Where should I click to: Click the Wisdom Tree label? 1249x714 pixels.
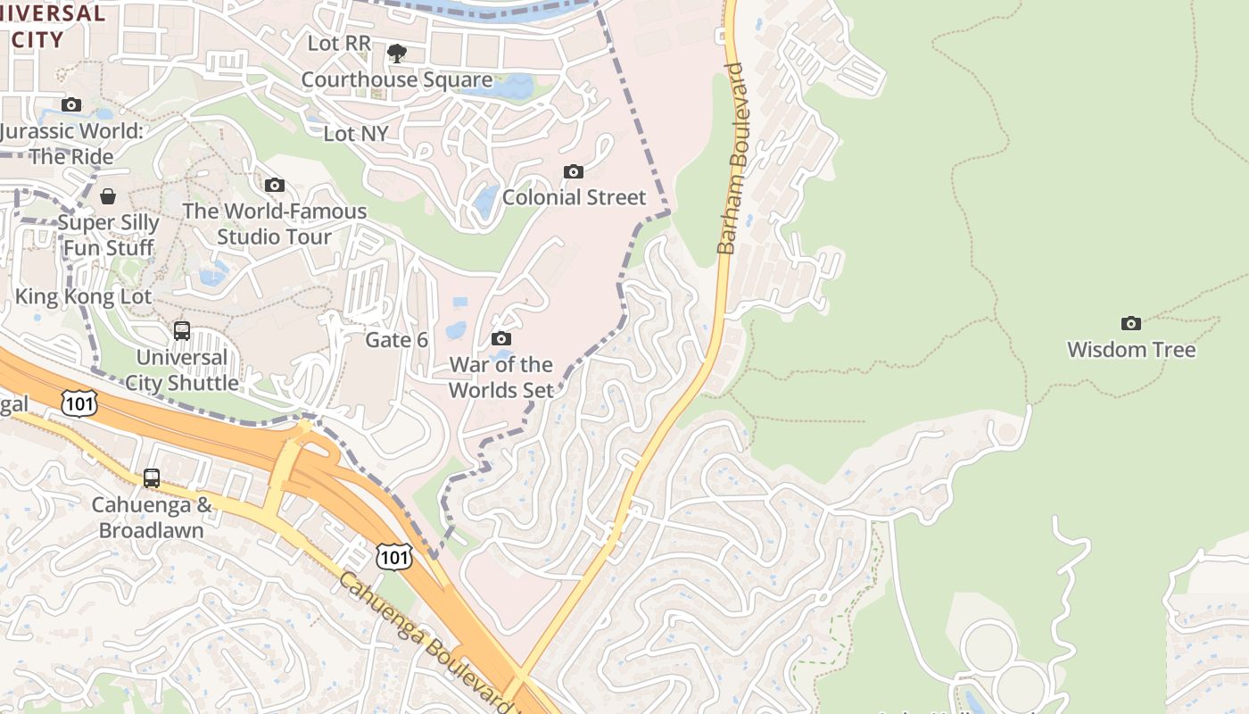coord(1131,349)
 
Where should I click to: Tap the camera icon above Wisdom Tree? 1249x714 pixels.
coord(1131,323)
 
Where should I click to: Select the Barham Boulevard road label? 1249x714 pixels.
coord(732,158)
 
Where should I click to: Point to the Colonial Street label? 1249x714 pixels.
coord(574,197)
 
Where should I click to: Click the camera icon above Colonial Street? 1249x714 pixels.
coord(574,171)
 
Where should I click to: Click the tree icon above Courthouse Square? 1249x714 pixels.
coord(397,54)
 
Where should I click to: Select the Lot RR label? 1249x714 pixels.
coord(339,43)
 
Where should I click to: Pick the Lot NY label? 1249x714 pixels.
coord(356,134)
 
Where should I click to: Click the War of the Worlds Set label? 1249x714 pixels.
coord(500,377)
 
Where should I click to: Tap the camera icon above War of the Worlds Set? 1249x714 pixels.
coord(501,338)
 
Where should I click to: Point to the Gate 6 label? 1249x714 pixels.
coord(397,340)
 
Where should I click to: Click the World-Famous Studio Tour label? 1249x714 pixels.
coord(275,224)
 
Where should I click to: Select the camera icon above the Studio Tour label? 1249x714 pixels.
coord(275,185)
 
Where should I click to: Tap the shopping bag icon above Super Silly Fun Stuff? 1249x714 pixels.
coord(108,196)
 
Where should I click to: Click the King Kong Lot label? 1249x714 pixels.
coord(84,296)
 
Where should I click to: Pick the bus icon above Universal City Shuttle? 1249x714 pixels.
coord(182,331)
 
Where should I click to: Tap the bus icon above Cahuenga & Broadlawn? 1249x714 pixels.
coord(152,478)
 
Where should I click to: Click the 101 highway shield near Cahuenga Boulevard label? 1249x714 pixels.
coord(393,558)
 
